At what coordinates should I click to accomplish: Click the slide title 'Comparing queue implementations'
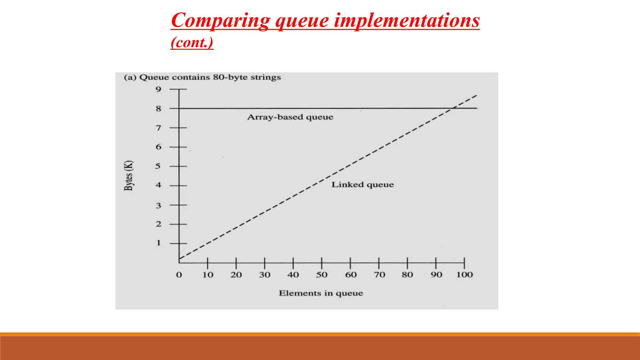325,20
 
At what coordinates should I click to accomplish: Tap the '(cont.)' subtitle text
192,42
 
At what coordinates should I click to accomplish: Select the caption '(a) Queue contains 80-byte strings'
202,77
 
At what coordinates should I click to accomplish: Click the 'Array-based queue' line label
290,117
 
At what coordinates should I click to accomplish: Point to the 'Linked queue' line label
362,185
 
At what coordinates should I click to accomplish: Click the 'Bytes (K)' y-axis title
129,175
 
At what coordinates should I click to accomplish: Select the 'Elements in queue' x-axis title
321,293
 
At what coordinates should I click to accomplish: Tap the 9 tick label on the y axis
158,89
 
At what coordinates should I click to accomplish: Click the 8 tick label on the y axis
158,109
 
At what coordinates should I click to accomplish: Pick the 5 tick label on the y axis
158,166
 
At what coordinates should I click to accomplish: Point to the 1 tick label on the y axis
158,243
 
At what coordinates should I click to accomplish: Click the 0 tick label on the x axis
179,275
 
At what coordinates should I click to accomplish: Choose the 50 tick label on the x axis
322,275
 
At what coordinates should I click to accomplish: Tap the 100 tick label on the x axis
464,275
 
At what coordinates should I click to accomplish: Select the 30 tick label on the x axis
264,275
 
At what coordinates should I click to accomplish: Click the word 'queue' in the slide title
302,20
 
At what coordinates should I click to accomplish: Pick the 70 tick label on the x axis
379,275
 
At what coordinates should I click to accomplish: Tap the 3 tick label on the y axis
158,206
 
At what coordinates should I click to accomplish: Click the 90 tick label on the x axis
436,275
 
